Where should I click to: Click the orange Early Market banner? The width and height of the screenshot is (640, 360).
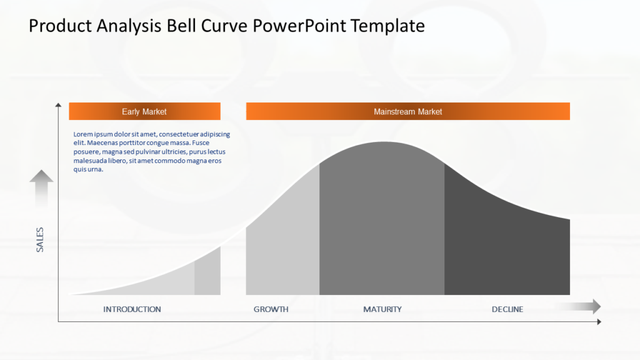[x=144, y=111]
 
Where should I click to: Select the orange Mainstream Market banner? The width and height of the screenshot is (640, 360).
[x=407, y=111]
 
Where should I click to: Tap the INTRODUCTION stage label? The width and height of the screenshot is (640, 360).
[x=132, y=309]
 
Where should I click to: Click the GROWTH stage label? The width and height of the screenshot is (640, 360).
[x=271, y=309]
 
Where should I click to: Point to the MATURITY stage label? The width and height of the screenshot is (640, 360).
[x=382, y=309]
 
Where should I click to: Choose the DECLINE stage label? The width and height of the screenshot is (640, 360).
[x=507, y=309]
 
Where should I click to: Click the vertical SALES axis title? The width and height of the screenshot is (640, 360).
[x=40, y=240]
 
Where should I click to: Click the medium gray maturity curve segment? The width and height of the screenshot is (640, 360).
[x=381, y=225]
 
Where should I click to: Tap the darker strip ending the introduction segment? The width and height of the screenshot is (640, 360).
[x=207, y=274]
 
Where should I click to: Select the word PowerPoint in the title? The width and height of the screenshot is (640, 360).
[x=300, y=26]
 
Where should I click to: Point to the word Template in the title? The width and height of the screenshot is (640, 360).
[x=387, y=26]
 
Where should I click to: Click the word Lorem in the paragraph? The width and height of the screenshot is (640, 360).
[x=84, y=134]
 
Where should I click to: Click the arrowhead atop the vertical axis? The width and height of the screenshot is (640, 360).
[x=58, y=105]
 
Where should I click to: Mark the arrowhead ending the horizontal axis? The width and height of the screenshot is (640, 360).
[x=599, y=322]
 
